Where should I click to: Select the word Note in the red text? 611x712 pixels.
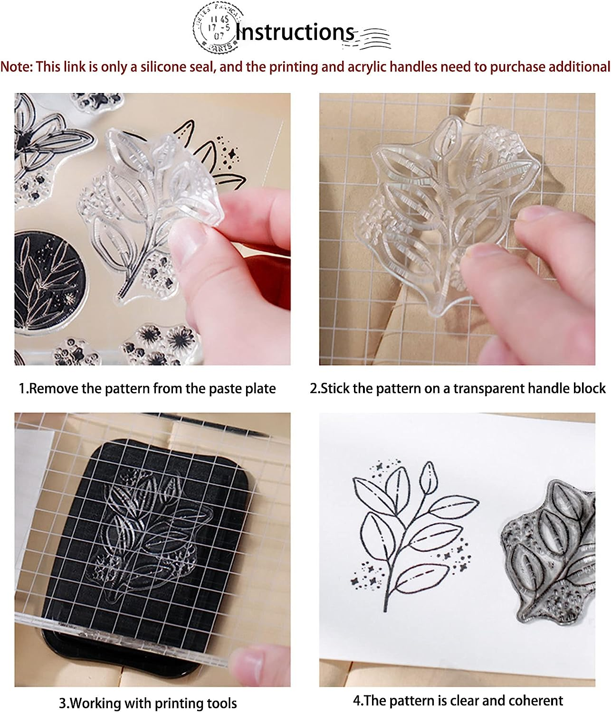(16, 67)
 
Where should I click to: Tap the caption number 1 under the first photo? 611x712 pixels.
(22, 389)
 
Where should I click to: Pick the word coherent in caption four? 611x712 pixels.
(535, 700)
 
